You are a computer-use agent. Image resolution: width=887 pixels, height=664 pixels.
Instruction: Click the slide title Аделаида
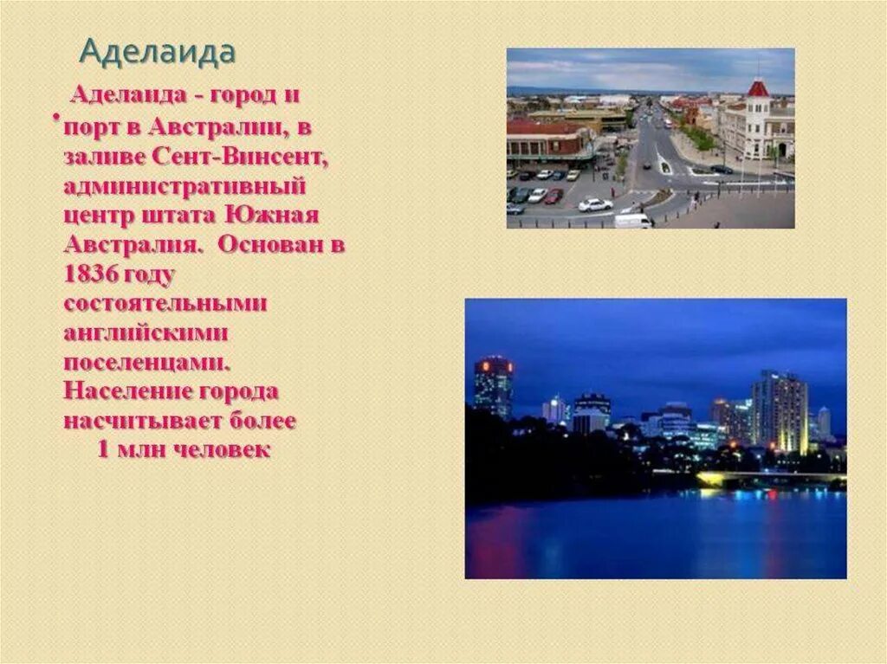coord(157,52)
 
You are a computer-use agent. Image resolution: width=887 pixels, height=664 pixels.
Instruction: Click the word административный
coord(185,186)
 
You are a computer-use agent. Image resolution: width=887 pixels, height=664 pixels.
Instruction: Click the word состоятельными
coord(165,305)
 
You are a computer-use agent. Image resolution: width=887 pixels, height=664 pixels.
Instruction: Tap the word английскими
coord(146,333)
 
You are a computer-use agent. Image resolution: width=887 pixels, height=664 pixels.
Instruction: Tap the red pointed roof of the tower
coord(758,87)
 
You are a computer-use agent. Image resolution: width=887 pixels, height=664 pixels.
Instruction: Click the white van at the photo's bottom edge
coord(632,221)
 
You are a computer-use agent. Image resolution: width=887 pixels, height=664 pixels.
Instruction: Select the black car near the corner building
coord(721,169)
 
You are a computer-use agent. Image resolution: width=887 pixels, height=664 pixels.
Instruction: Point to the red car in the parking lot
coord(554,196)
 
